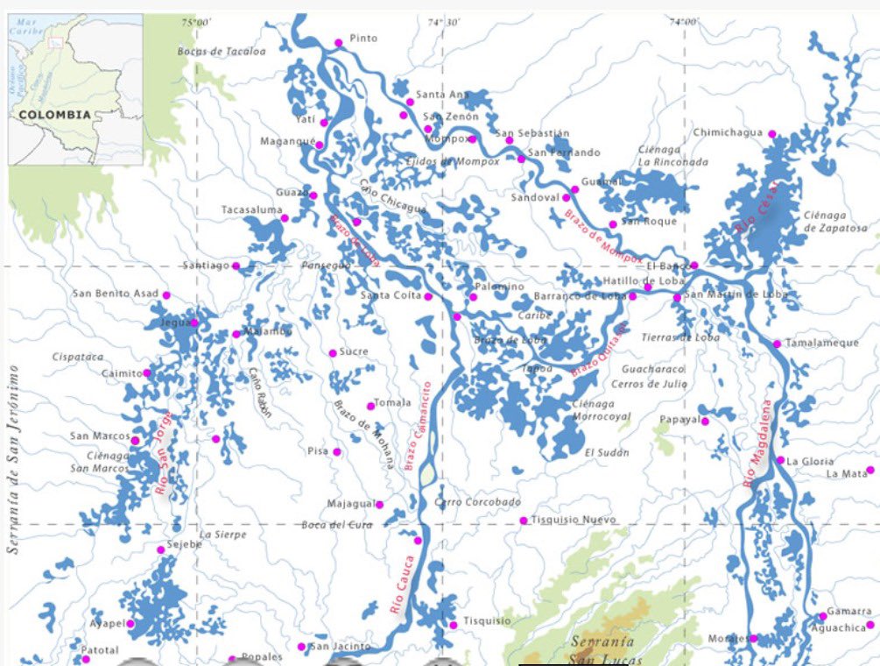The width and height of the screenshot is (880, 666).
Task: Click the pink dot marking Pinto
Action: point(338,43)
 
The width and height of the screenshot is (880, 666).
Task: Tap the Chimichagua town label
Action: point(728,132)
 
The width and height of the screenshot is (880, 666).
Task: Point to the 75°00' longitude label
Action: point(196,22)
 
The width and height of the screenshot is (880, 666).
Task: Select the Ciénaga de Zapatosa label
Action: point(835,222)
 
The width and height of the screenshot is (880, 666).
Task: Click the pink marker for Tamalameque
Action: point(777,344)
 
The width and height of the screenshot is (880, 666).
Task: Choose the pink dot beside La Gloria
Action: point(780,460)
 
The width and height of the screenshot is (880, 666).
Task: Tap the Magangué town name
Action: point(286,141)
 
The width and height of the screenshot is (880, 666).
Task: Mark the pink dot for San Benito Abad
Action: point(166,294)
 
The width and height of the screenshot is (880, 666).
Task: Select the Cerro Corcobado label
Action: point(477,502)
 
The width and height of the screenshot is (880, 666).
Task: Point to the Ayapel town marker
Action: point(131,624)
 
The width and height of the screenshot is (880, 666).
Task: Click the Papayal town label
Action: point(679,420)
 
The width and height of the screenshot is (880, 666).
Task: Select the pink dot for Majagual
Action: point(379,505)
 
